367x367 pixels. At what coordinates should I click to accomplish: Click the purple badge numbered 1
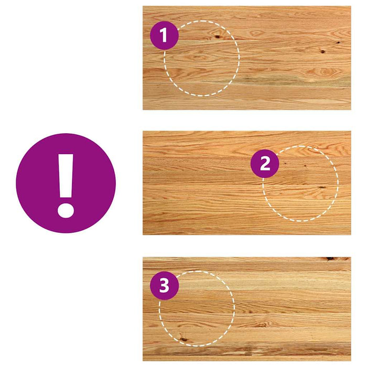pos(164,35)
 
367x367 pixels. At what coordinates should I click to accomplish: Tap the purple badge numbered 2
pos(265,164)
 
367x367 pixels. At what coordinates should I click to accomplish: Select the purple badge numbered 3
pos(164,286)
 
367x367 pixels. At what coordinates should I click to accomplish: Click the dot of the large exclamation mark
pos(66,211)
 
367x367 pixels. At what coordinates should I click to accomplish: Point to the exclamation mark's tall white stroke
pos(66,176)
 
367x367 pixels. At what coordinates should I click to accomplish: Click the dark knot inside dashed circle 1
pos(218,37)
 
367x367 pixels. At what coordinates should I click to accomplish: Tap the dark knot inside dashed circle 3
pos(183,339)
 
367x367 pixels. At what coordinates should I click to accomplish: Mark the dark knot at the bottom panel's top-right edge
pos(330,258)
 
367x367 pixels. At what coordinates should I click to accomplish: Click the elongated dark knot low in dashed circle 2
pos(322,187)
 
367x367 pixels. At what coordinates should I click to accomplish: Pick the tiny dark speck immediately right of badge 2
pos(286,163)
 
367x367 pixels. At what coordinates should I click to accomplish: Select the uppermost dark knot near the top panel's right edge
pos(339,42)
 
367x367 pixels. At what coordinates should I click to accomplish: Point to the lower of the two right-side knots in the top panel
pos(322,51)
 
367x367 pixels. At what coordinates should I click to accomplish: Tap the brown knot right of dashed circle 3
pos(262,325)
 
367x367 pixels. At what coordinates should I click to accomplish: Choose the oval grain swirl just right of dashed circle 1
pos(257,33)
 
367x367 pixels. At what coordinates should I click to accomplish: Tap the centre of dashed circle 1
pos(201,58)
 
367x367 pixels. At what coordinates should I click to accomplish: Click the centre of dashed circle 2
pos(300,183)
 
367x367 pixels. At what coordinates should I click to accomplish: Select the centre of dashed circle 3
pos(197,308)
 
